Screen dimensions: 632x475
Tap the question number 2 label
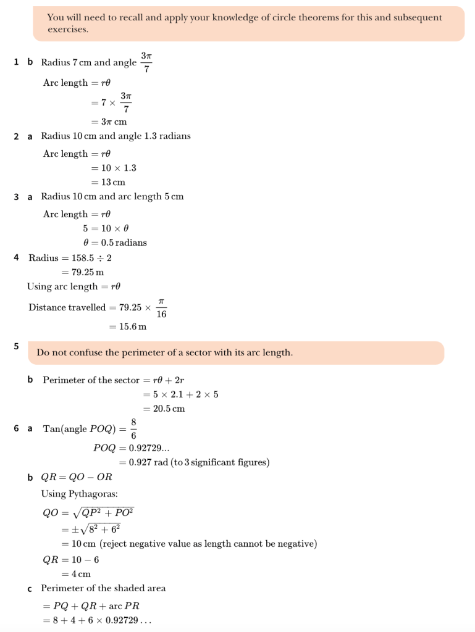17,136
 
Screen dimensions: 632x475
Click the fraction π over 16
161,307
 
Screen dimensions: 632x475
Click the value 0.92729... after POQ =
144,448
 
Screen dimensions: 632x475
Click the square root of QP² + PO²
103,513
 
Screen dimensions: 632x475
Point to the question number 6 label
17,428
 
